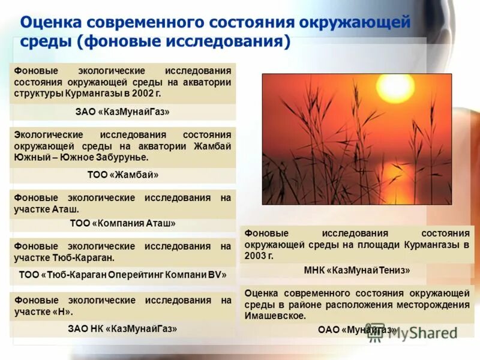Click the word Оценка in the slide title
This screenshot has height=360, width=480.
50,23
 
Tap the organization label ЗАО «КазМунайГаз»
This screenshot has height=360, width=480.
122,112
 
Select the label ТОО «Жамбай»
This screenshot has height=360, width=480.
122,175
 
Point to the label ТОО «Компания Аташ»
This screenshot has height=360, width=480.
122,223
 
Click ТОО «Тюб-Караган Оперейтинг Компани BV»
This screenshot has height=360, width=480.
122,275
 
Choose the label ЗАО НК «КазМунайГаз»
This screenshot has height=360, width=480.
122,328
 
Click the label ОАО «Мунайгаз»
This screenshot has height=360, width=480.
357,329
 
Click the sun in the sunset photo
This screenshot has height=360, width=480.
395,89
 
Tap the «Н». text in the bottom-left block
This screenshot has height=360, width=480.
62,311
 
